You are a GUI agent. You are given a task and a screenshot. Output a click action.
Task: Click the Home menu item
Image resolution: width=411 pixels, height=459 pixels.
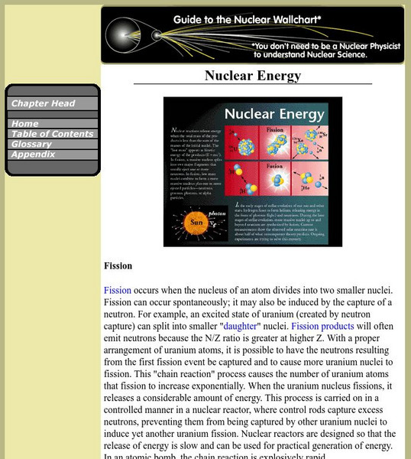[x=25, y=123]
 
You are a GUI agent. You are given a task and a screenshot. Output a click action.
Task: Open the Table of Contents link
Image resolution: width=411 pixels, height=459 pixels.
[x=52, y=134]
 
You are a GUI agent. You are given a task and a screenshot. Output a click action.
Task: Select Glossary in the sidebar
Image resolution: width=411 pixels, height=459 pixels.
[x=31, y=144]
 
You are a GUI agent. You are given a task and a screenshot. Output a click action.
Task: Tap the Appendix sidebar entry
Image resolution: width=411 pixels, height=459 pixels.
[x=33, y=154]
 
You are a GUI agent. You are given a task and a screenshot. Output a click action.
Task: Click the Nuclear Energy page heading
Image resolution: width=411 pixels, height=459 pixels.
[x=253, y=76]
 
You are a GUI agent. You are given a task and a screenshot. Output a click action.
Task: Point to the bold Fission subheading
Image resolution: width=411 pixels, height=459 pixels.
[x=118, y=266]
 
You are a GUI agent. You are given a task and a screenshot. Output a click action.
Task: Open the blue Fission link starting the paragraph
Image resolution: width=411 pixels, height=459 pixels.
[x=118, y=290]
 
